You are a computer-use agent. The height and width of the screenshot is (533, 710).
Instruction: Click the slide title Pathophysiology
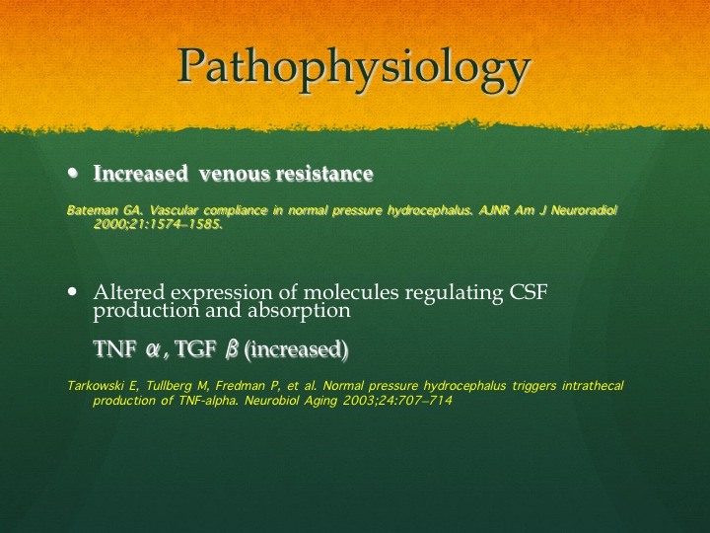[x=354, y=69]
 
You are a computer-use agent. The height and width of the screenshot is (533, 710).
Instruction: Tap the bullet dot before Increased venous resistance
[x=72, y=173]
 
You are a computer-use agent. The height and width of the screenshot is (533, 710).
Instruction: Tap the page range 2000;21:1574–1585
[x=158, y=224]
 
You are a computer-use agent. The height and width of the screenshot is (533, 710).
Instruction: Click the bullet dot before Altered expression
[x=72, y=291]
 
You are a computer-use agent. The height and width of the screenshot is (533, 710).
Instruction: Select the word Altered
[x=129, y=292]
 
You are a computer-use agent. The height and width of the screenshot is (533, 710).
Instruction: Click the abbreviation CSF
[x=529, y=292]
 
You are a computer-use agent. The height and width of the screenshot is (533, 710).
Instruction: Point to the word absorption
[x=299, y=311]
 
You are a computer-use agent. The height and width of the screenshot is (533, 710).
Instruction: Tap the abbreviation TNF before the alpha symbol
[x=115, y=349]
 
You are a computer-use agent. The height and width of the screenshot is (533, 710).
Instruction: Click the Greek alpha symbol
[x=152, y=349]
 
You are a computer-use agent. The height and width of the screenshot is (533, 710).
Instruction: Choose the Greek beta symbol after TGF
[x=232, y=349]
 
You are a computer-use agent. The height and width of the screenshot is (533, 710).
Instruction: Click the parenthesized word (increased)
[x=296, y=349]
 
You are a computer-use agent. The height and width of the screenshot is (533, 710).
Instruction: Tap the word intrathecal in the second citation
[x=593, y=386]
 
